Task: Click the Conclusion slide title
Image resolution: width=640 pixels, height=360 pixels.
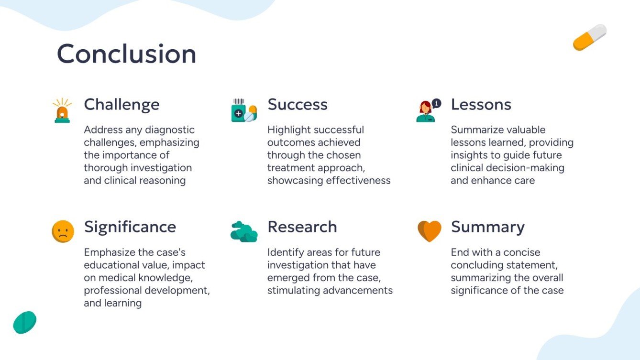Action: pyautogui.click(x=126, y=54)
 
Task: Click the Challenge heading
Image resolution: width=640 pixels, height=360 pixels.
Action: pyautogui.click(x=121, y=104)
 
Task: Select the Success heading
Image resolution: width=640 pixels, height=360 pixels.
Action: pyautogui.click(x=297, y=104)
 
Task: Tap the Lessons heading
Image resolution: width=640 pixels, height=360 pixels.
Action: pyautogui.click(x=481, y=104)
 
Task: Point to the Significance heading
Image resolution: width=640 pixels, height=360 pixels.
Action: pyautogui.click(x=130, y=227)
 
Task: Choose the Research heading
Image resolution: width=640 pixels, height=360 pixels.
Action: pyautogui.click(x=302, y=227)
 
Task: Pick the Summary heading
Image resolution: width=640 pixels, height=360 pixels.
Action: pyautogui.click(x=487, y=227)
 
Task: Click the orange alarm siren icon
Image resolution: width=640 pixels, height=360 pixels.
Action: pyautogui.click(x=62, y=111)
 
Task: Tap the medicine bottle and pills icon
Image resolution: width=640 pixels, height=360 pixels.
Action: pyautogui.click(x=243, y=111)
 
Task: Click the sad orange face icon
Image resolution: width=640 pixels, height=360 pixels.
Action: pyautogui.click(x=63, y=231)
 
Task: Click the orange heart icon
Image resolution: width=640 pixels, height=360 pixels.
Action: pyautogui.click(x=429, y=231)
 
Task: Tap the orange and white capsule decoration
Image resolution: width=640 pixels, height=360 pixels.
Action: pyautogui.click(x=589, y=37)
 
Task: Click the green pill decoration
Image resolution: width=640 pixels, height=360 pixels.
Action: pyautogui.click(x=25, y=322)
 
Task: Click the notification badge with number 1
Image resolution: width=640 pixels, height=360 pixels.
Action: pyautogui.click(x=436, y=103)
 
